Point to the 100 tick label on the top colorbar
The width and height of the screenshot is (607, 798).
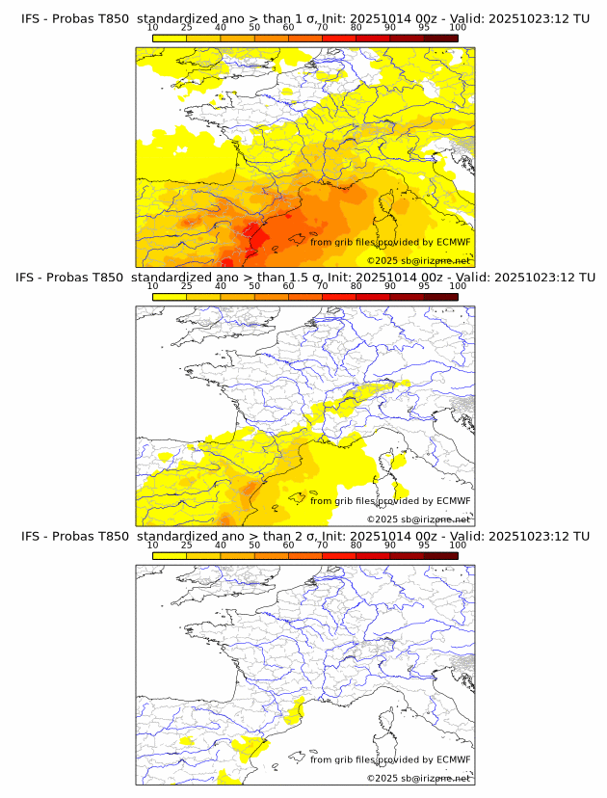458,27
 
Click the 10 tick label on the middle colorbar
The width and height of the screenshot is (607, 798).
153,286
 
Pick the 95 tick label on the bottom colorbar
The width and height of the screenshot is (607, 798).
424,545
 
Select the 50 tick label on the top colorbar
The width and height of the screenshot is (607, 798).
254,27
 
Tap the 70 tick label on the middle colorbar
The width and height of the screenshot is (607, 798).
323,286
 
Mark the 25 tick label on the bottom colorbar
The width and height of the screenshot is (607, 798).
187,545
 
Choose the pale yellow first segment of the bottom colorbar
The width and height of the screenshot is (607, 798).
170,555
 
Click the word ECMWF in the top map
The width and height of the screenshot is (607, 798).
454,242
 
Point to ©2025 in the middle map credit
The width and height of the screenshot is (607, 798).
383,519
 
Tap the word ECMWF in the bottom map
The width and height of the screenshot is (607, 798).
454,759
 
